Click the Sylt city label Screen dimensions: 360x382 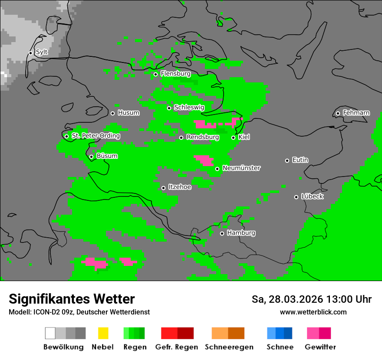point(42,52)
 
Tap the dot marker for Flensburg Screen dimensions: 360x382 point(155,74)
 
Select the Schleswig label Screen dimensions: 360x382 point(189,107)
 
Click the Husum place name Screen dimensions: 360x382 point(128,113)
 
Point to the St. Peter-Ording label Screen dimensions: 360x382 point(95,136)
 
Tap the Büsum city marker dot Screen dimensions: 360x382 point(91,157)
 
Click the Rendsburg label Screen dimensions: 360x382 point(202,137)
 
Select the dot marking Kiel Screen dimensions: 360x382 point(233,137)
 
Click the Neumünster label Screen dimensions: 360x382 point(241,168)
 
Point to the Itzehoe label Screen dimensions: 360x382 point(180,187)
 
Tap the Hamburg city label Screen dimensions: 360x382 point(241,233)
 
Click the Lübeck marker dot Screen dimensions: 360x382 point(296,197)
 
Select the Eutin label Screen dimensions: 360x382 point(300,160)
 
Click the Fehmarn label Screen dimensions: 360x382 point(356,113)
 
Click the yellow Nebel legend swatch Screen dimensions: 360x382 point(102,333)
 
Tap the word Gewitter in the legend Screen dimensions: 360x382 point(320,347)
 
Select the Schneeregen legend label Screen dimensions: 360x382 point(229,347)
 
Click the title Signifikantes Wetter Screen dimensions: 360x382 point(72,299)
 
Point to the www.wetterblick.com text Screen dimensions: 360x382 point(313,312)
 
